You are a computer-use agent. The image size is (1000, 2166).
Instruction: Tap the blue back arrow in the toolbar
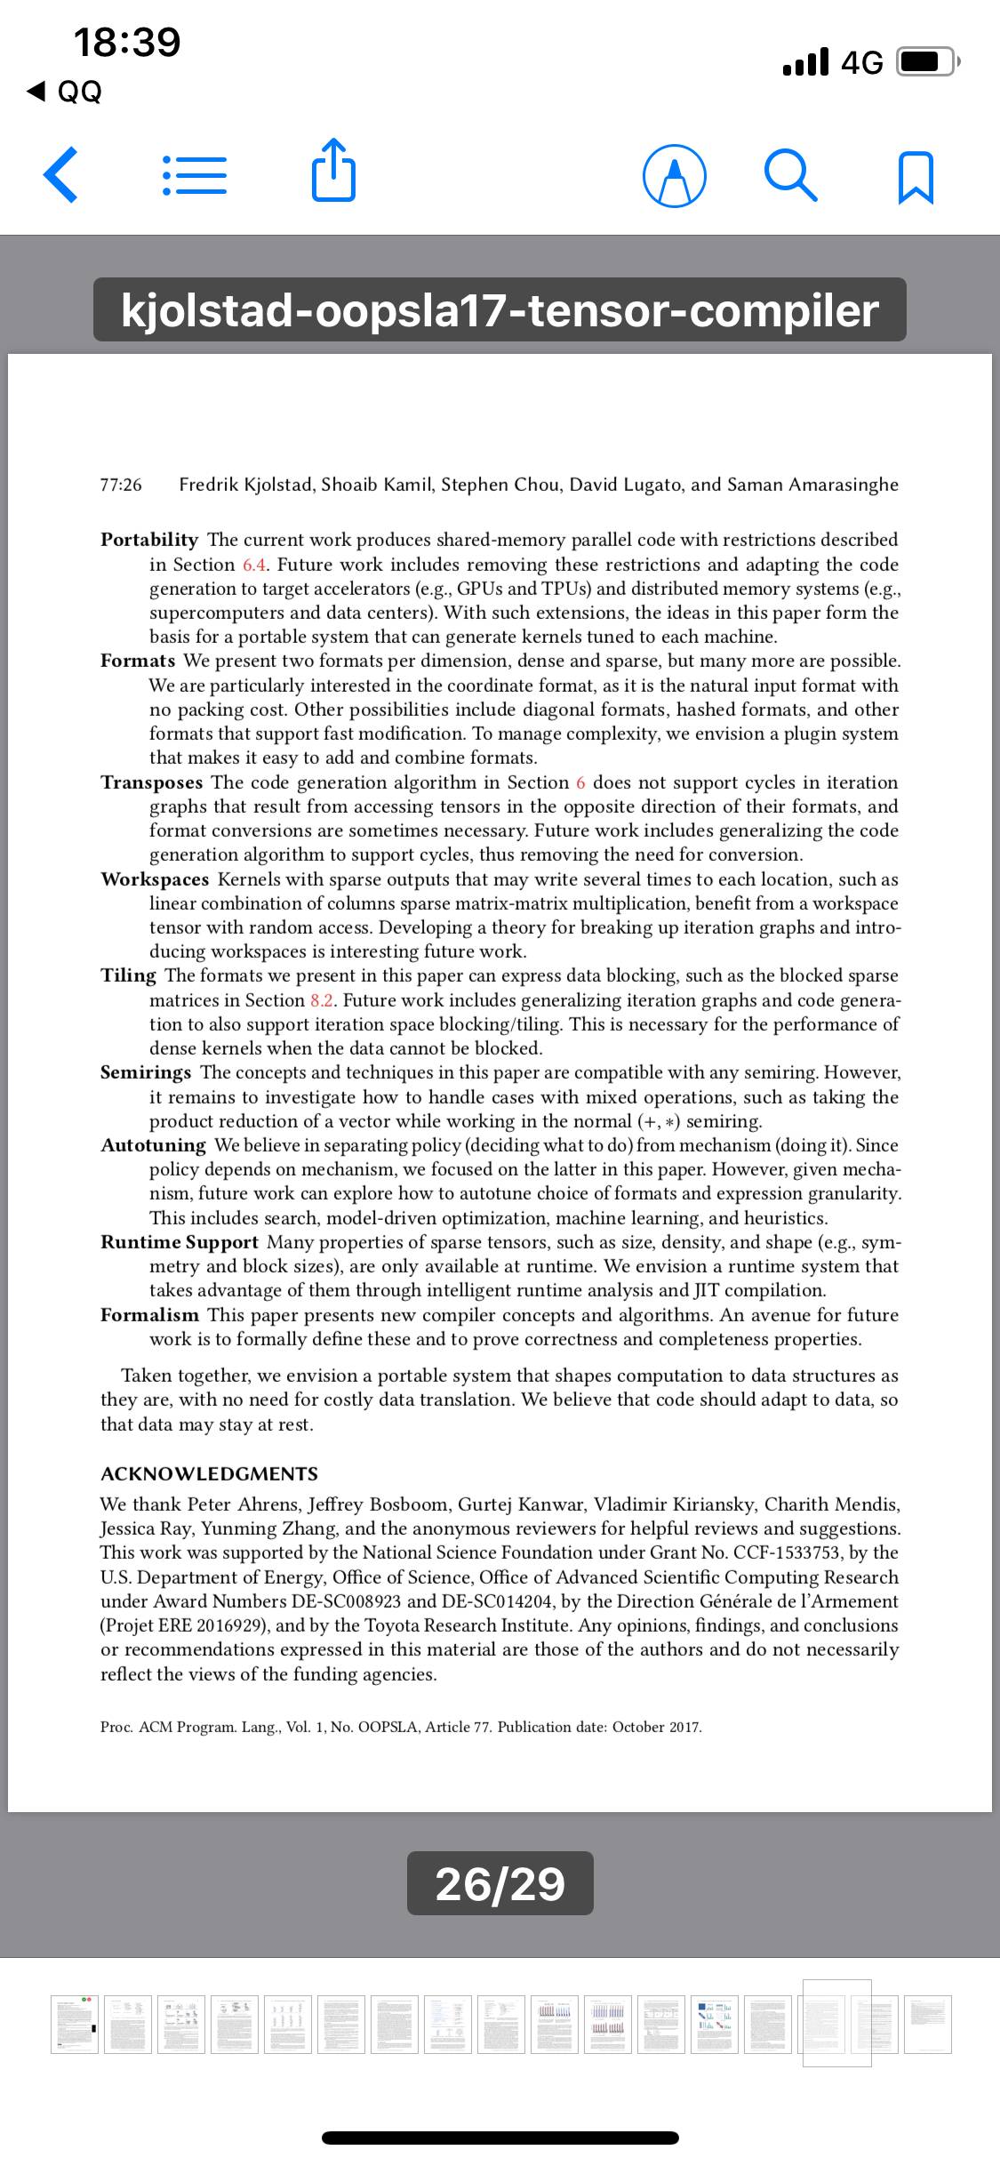coord(60,174)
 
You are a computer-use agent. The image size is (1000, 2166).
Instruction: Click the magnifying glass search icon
coord(790,175)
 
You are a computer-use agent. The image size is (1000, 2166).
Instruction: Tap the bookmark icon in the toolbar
coord(916,177)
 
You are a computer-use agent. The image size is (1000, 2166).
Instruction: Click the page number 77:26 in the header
coord(121,485)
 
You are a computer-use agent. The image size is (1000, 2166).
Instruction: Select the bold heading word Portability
coord(149,540)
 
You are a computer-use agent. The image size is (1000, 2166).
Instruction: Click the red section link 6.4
coord(256,565)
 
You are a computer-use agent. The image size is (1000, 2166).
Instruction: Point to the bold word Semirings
coord(146,1072)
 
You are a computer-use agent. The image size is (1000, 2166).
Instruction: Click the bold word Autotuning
coord(153,1145)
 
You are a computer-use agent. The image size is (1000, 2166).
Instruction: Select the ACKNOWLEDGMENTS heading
coord(209,1474)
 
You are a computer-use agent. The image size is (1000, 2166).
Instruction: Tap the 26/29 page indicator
coord(500,1883)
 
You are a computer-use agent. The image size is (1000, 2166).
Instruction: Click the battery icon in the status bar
coord(927,62)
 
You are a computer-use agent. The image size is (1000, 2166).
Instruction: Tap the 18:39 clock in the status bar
coord(127,42)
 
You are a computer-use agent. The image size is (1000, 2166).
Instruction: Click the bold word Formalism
coord(149,1315)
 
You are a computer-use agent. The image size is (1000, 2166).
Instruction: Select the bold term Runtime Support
coord(180,1242)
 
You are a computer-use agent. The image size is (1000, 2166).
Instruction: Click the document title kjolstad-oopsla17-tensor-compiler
coord(500,309)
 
